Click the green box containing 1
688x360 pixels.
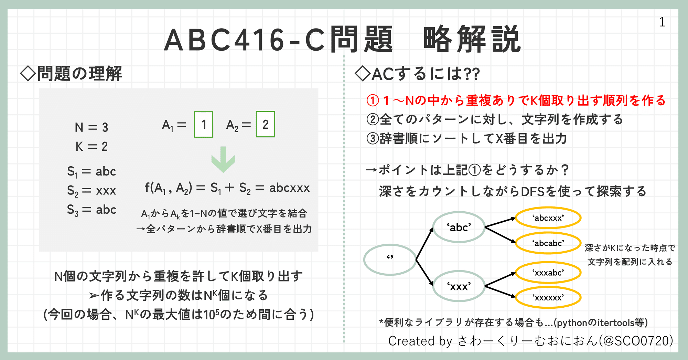[x=203, y=125]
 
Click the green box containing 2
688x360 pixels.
[x=265, y=125]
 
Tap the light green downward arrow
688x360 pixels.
[x=223, y=159]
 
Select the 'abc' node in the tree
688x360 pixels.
[x=459, y=227]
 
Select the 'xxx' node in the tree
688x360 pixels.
[x=459, y=286]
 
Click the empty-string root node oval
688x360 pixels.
[x=390, y=260]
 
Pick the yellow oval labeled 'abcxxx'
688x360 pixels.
[x=548, y=218]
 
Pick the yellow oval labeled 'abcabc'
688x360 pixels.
[x=548, y=243]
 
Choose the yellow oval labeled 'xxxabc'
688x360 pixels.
[x=548, y=273]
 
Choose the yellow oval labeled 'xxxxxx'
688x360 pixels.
[x=548, y=297]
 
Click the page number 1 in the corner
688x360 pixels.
[x=662, y=22]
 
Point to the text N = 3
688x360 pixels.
[x=92, y=128]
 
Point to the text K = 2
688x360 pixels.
[x=92, y=147]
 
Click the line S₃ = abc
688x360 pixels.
[x=92, y=210]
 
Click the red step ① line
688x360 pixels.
[x=516, y=100]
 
